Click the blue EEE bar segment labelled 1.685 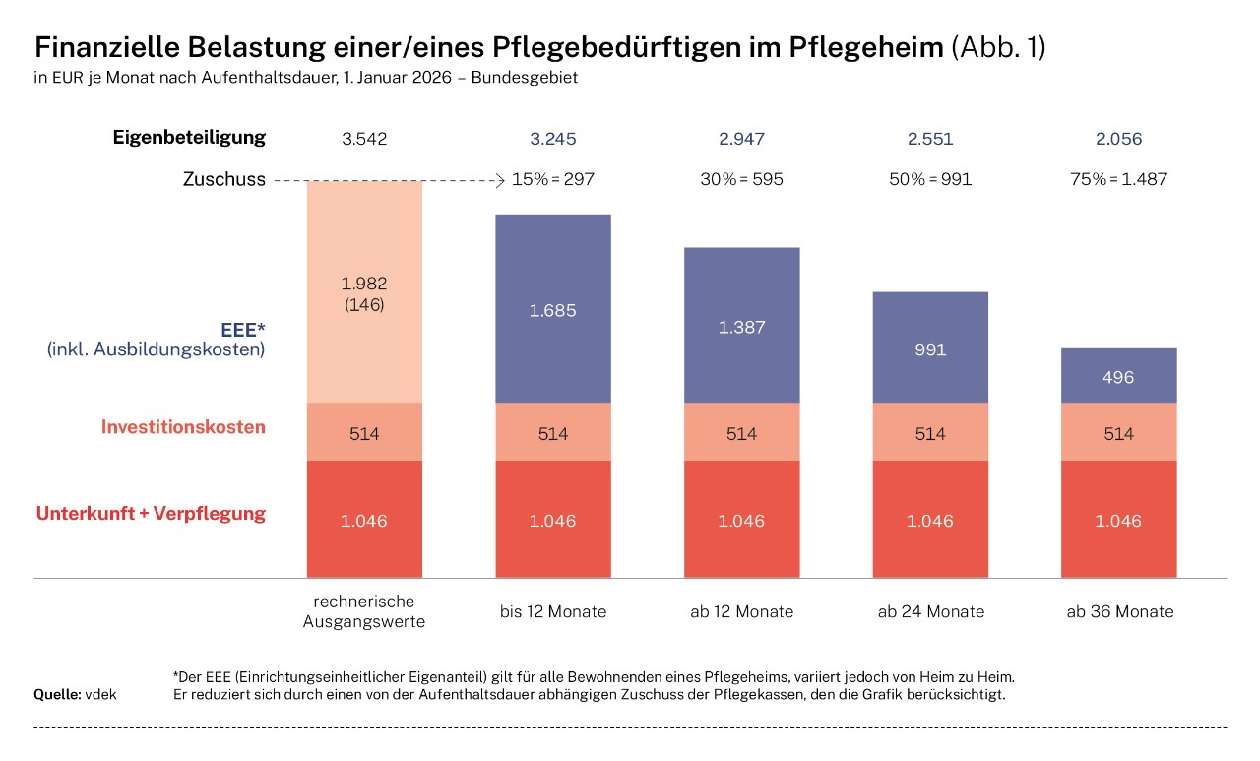tap(552, 308)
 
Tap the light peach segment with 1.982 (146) tap(364, 292)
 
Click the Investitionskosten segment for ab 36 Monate tap(1118, 432)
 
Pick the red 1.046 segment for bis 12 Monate tap(552, 520)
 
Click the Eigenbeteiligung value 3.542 tap(364, 139)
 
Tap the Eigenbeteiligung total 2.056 tap(1118, 139)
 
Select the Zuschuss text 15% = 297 tap(553, 180)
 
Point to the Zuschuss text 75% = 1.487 tap(1118, 180)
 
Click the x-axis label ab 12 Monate tap(741, 611)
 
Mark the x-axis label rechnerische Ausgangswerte tap(364, 611)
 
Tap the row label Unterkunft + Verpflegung tap(151, 513)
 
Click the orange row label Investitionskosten tap(183, 427)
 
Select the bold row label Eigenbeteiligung tap(189, 137)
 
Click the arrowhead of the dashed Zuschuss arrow tap(499, 180)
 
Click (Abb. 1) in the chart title tap(998, 48)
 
